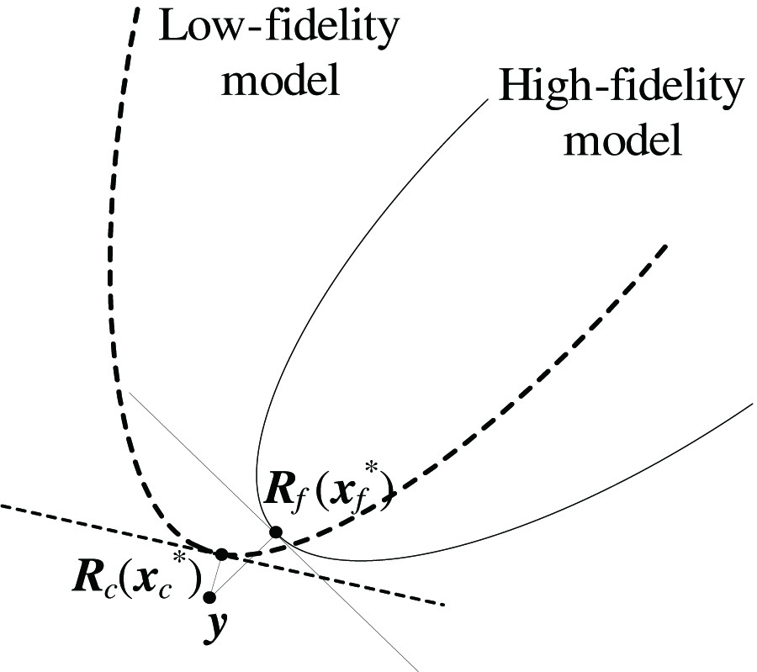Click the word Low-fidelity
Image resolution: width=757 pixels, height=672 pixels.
pyautogui.click(x=279, y=29)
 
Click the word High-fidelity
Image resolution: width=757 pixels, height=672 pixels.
pyautogui.click(x=621, y=87)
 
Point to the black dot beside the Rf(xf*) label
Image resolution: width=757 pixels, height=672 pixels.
pyautogui.click(x=275, y=532)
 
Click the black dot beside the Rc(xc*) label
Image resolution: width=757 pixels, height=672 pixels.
pyautogui.click(x=221, y=553)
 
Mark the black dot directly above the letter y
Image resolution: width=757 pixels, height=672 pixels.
pyautogui.click(x=209, y=597)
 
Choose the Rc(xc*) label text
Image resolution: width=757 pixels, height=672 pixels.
pyautogui.click(x=134, y=578)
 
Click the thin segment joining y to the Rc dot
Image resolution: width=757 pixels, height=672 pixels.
pyautogui.click(x=215, y=576)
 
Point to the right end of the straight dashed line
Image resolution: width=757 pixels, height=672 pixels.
pyautogui.click(x=443, y=604)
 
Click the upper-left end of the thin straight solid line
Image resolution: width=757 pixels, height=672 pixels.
pyautogui.click(x=130, y=391)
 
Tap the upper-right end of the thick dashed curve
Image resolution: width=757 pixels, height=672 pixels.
pyautogui.click(x=666, y=246)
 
